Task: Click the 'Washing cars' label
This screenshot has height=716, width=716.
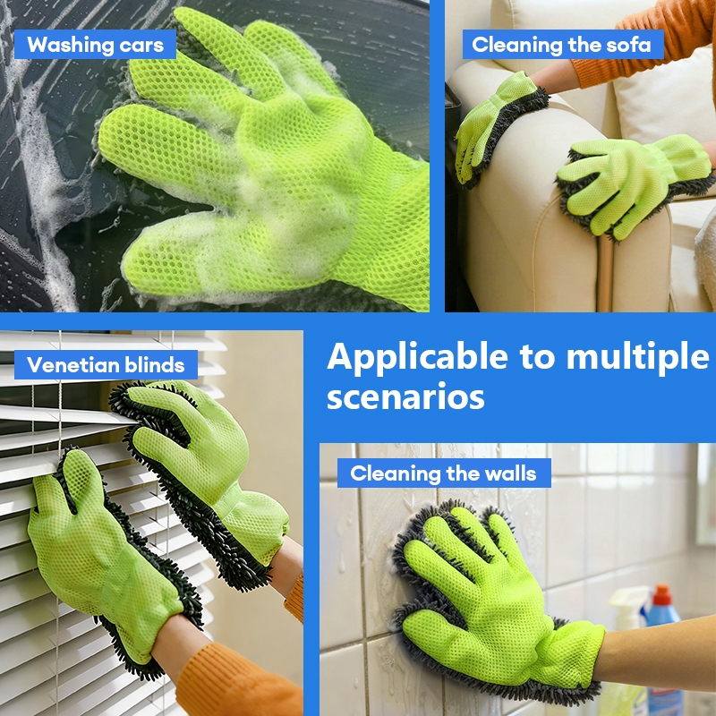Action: pyautogui.click(x=95, y=45)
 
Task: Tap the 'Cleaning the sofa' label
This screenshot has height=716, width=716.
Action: pyautogui.click(x=563, y=45)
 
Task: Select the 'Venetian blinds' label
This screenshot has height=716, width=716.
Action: pyautogui.click(x=106, y=365)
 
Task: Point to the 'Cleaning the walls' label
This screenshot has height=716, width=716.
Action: pyautogui.click(x=444, y=473)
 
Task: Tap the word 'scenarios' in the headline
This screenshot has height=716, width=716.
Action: pyautogui.click(x=405, y=396)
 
